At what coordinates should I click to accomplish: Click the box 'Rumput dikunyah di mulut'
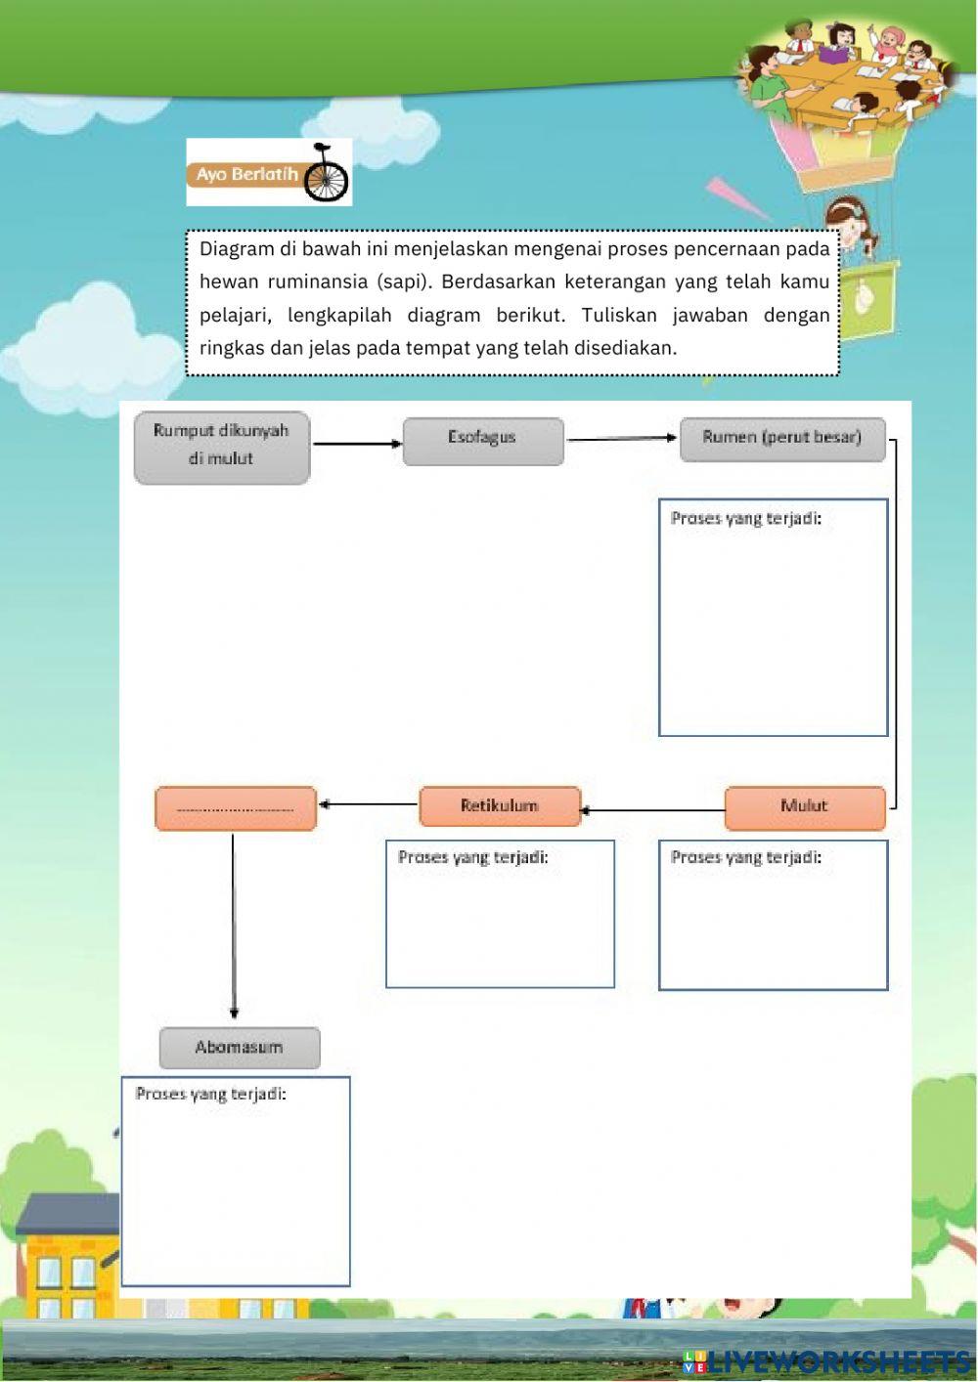[x=222, y=448]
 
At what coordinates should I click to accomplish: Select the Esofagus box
[x=483, y=441]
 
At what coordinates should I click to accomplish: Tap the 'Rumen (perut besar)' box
[x=782, y=439]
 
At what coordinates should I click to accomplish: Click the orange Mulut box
[x=804, y=807]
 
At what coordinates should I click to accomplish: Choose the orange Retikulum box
[x=500, y=806]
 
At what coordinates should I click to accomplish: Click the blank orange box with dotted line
[x=236, y=809]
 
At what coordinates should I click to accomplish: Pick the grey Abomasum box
[x=240, y=1048]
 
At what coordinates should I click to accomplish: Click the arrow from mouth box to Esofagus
[x=357, y=444]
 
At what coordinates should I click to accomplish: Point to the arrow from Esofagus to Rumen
[x=621, y=439]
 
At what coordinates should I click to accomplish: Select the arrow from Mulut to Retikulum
[x=652, y=810]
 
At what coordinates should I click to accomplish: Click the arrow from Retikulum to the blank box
[x=368, y=804]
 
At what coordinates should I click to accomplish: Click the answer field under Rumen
[x=773, y=630]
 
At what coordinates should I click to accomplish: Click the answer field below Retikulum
[x=500, y=924]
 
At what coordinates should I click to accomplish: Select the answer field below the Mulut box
[x=773, y=926]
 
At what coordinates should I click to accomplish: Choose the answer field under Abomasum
[x=236, y=1192]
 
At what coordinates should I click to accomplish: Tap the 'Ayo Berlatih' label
[x=246, y=175]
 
